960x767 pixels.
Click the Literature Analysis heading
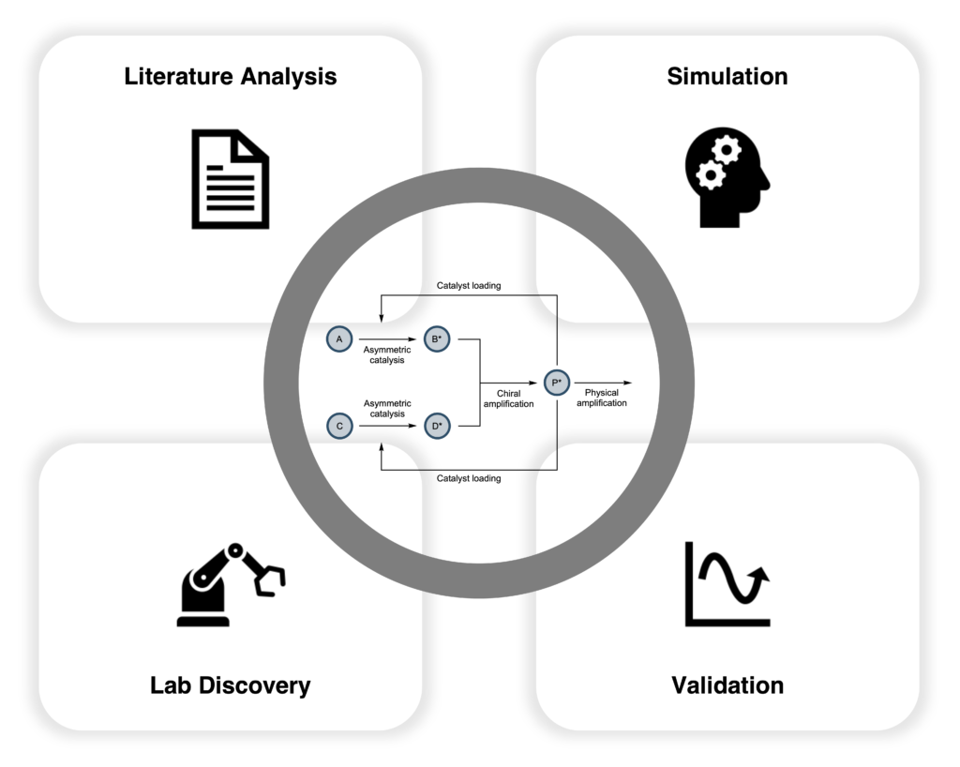(230, 76)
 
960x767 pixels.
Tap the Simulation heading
(727, 76)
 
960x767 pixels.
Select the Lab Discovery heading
(230, 685)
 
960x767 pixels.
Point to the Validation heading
(727, 685)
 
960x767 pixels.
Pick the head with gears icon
(727, 177)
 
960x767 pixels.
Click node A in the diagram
(338, 338)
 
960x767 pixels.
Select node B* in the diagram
(436, 338)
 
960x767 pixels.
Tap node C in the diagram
(338, 426)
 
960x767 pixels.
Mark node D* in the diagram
(436, 426)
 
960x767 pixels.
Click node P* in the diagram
(557, 383)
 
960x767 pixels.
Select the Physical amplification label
(600, 398)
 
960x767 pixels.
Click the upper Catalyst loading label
(469, 285)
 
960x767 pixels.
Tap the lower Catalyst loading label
(469, 478)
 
